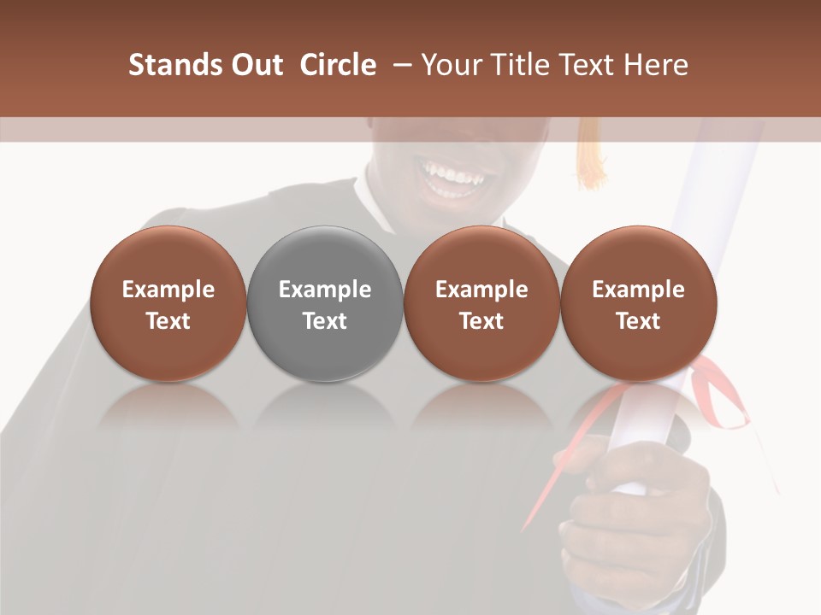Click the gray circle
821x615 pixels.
[x=325, y=303]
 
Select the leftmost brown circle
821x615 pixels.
[x=168, y=303]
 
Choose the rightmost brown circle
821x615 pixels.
[x=638, y=303]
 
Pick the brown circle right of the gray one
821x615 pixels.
[x=481, y=303]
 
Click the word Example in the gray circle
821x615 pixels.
[x=325, y=290]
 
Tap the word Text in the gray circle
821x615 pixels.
[x=325, y=321]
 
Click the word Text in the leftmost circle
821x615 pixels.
[x=168, y=321]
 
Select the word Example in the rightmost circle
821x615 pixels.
[x=638, y=290]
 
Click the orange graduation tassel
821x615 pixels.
[x=590, y=154]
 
